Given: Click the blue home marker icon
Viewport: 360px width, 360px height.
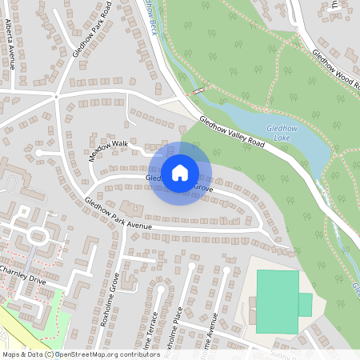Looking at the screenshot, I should coord(180,173).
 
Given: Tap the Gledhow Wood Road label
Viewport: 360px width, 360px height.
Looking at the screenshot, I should coord(335,69).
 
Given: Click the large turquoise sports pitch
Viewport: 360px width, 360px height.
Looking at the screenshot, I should coord(277,301).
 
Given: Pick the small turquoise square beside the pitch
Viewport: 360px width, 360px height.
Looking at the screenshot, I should coord(305,305).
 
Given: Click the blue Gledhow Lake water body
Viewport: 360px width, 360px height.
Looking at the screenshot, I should coord(272,128).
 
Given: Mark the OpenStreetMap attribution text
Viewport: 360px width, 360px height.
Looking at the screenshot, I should coord(81,354).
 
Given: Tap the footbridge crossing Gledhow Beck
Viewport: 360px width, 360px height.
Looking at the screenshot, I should coord(198,92).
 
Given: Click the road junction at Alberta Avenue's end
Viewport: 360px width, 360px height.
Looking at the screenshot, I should coord(56,95).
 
